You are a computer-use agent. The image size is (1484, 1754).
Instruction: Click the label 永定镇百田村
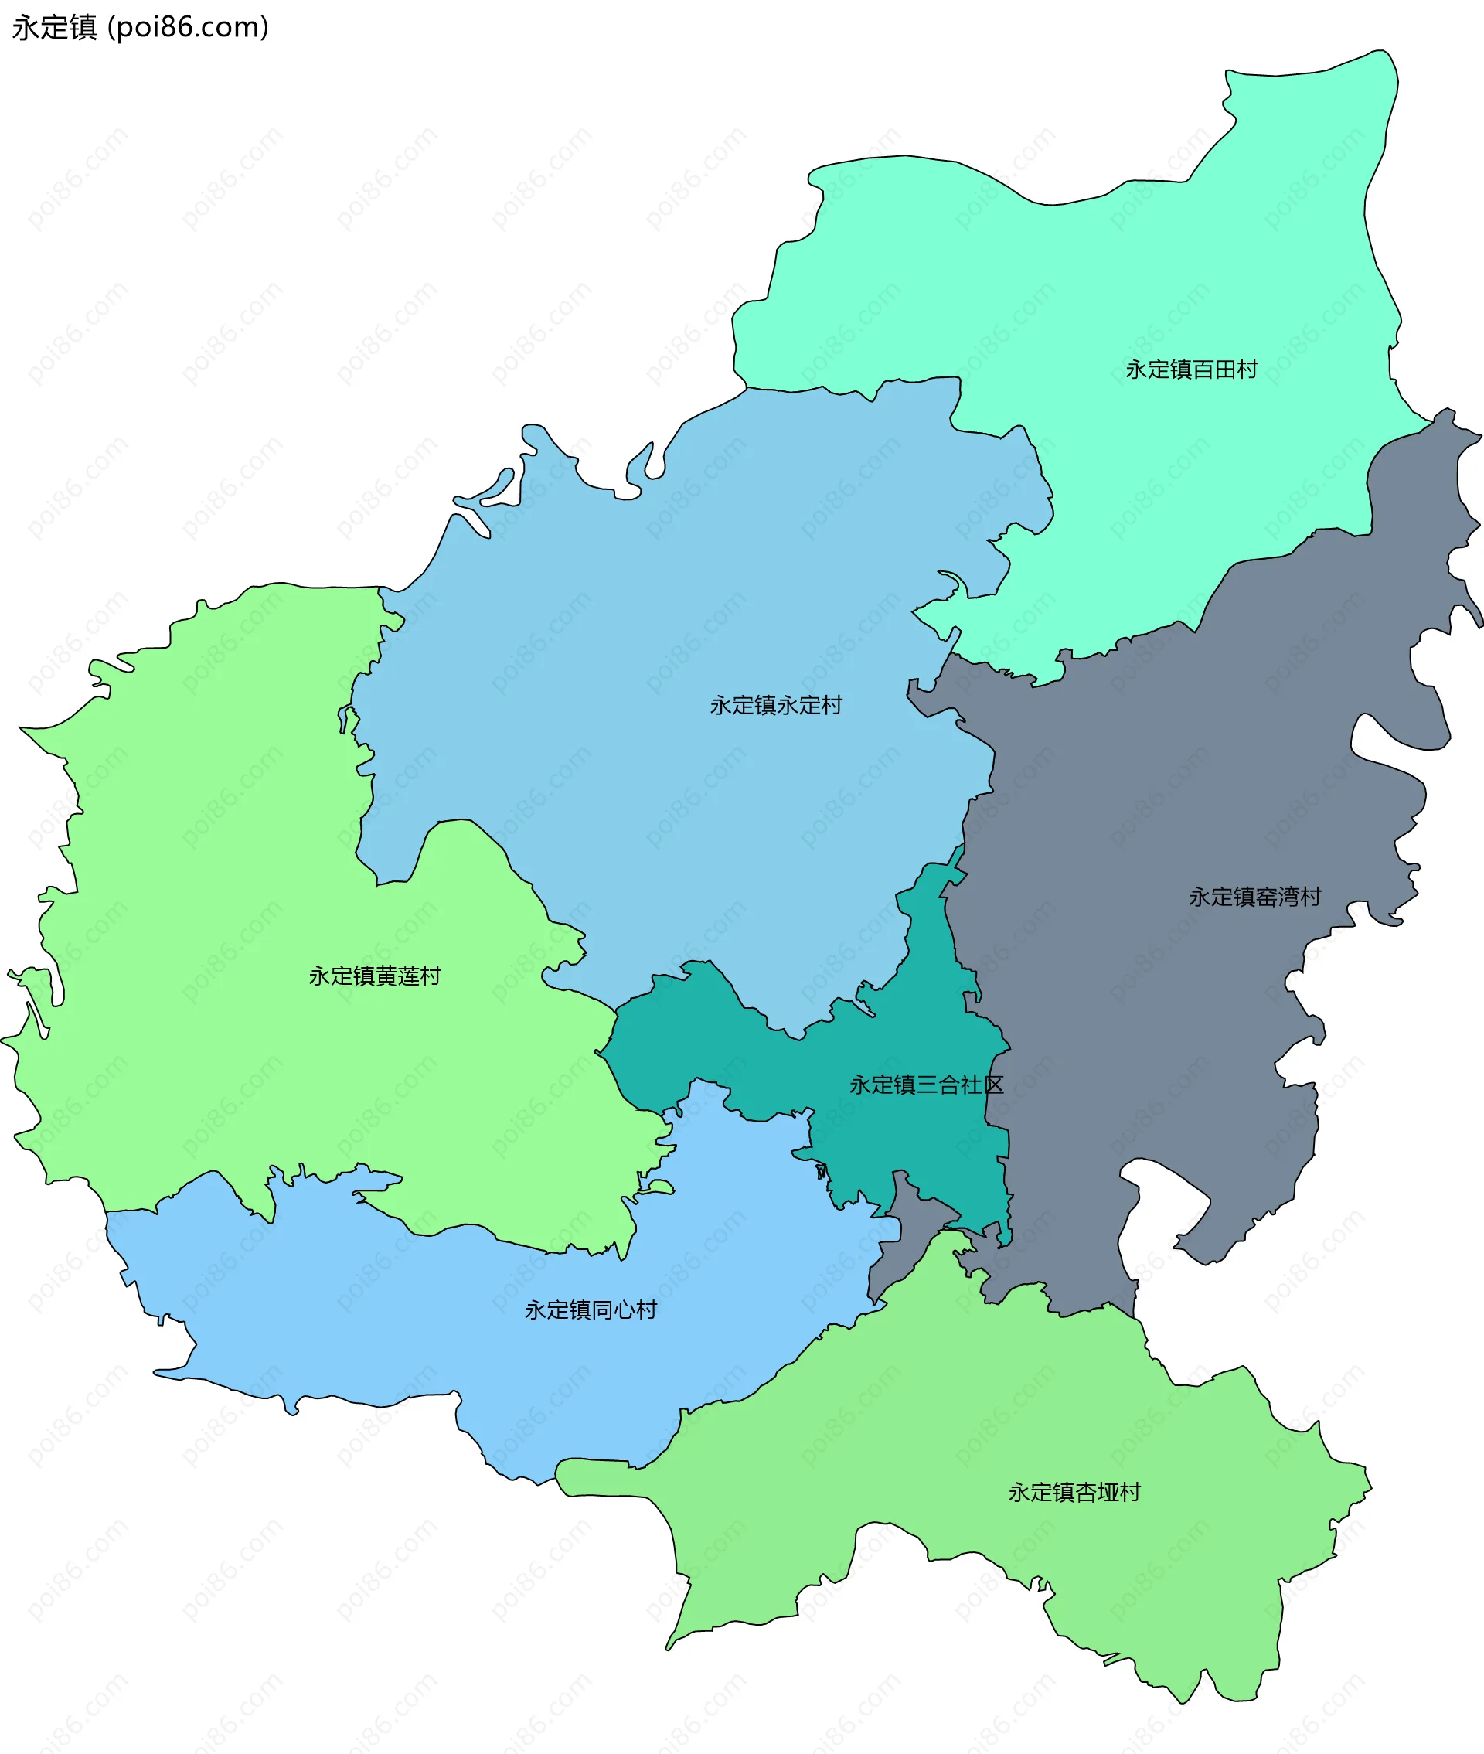[1191, 370]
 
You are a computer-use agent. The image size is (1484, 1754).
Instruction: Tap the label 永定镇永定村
[776, 705]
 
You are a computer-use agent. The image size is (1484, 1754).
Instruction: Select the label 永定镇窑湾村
[1254, 897]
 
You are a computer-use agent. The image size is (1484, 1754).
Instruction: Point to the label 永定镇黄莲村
[374, 976]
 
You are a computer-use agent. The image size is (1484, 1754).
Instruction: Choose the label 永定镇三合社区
[926, 1085]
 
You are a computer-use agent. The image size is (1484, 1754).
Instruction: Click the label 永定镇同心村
[591, 1310]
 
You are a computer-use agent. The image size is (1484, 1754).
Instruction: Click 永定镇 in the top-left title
[55, 28]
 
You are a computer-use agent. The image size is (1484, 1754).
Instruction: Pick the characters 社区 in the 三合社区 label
[982, 1085]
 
